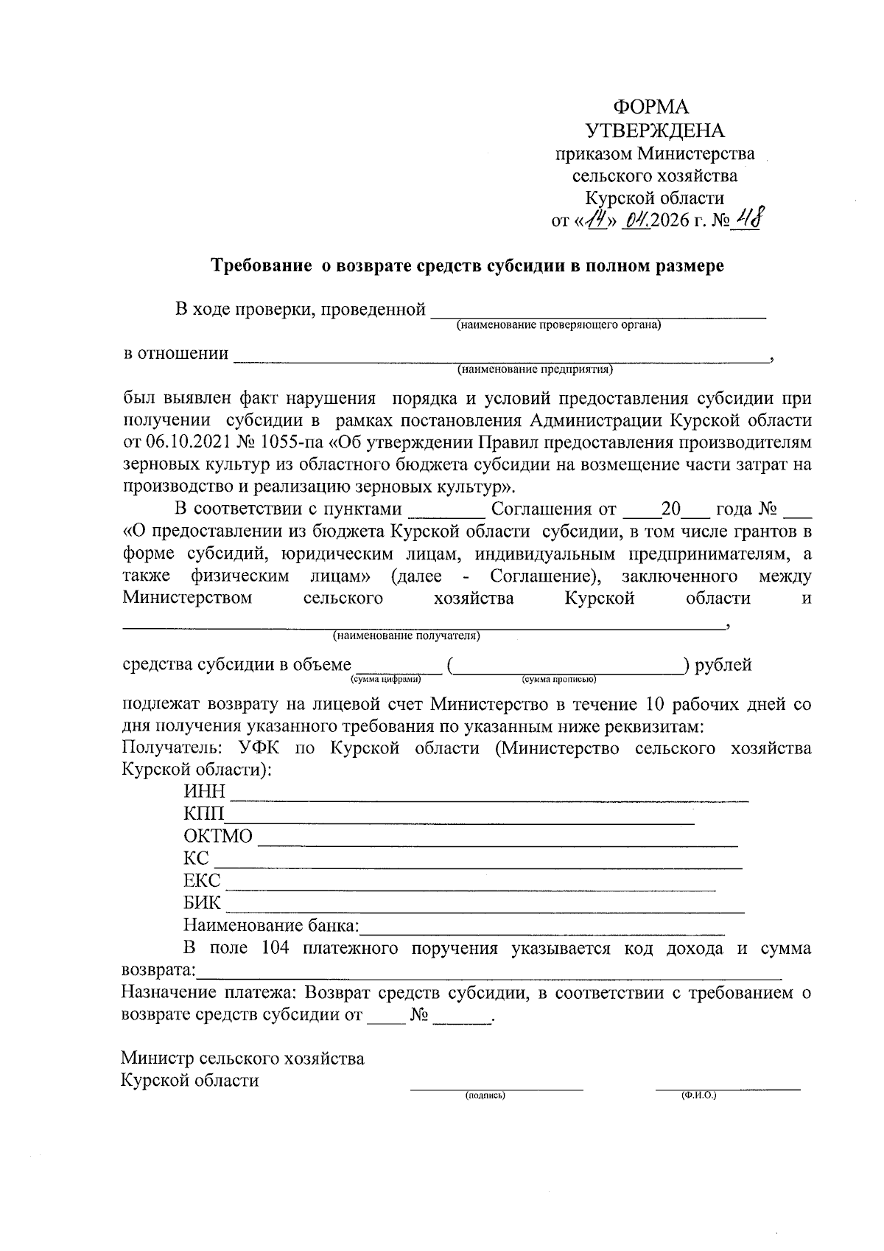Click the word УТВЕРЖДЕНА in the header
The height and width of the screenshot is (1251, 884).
tap(654, 131)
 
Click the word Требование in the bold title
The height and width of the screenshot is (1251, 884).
tap(262, 266)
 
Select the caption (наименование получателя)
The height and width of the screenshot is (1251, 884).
tap(406, 635)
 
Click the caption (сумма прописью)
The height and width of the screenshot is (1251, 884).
tap(559, 679)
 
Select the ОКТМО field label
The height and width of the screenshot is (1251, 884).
tap(218, 837)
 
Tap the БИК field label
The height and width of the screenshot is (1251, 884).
tap(202, 903)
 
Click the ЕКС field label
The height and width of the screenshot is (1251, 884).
tap(202, 881)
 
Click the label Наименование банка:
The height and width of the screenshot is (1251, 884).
tap(271, 926)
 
